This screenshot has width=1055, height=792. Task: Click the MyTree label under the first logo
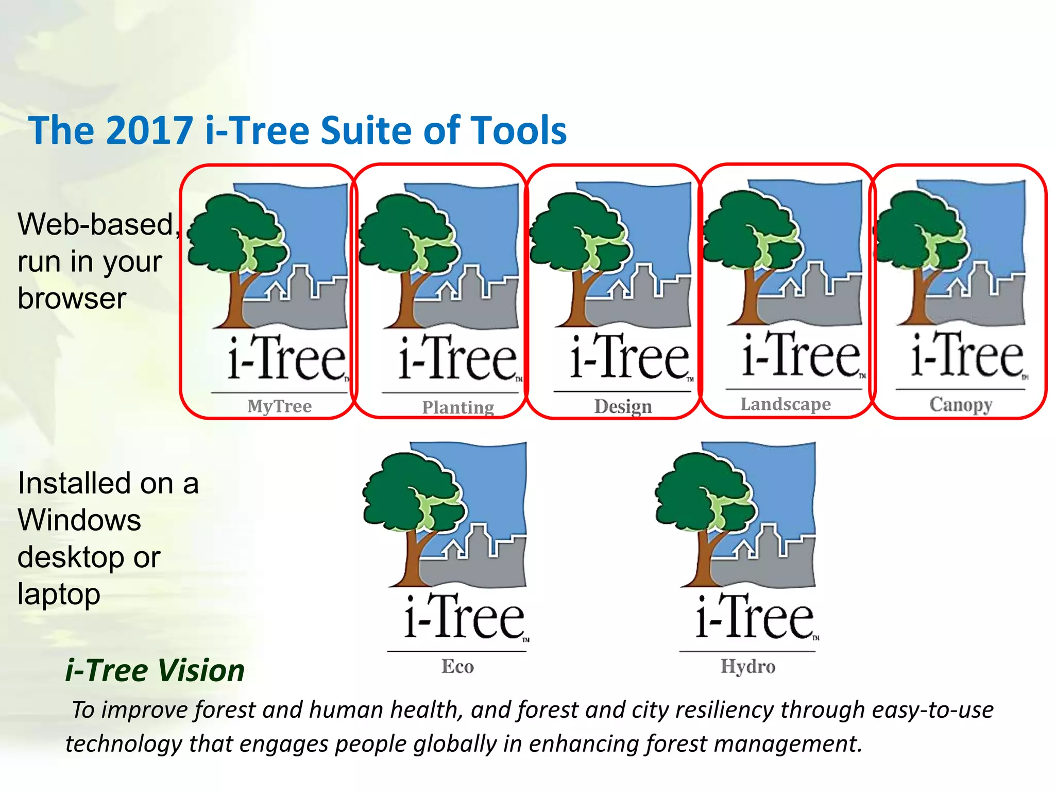pos(279,406)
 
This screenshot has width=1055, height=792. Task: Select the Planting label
pos(458,407)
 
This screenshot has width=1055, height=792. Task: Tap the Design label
pos(623,406)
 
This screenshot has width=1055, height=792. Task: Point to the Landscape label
pos(786,404)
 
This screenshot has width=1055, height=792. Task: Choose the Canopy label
pos(961,404)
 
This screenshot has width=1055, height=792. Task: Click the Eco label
pos(457,666)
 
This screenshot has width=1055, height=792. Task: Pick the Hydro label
pos(747,666)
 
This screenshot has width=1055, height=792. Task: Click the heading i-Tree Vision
pos(155,670)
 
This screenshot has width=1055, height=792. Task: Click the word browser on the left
pos(72,299)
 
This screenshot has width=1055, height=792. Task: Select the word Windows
pos(79,520)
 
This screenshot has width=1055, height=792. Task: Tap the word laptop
pos(59,595)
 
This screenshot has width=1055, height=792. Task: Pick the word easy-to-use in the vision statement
pos(932,710)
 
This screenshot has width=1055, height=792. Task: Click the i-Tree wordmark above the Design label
pos(629,357)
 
